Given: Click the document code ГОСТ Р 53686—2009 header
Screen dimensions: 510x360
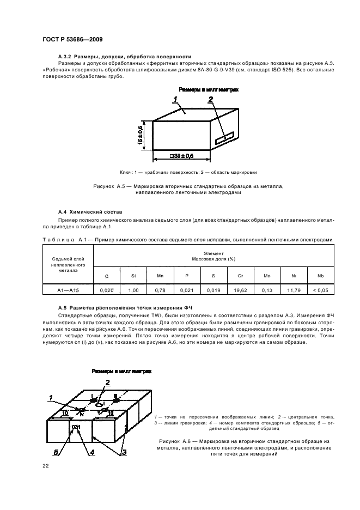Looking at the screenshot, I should pyautogui.click(x=72, y=40).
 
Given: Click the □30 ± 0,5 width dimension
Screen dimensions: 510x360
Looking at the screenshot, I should pyautogui.click(x=181, y=156).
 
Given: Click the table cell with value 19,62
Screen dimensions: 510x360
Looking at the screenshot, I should pyautogui.click(x=240, y=290).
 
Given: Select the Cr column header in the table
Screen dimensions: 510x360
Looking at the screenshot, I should pyautogui.click(x=240, y=276).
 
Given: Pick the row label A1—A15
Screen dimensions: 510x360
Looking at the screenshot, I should pyautogui.click(x=65, y=290).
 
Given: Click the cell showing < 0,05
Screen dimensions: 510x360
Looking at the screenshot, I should pyautogui.click(x=320, y=290).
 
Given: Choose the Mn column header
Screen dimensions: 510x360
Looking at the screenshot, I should pyautogui.click(x=160, y=276).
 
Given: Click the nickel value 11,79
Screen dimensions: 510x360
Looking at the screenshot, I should pyautogui.click(x=293, y=290).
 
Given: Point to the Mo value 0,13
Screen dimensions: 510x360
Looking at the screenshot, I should pyautogui.click(x=266, y=290).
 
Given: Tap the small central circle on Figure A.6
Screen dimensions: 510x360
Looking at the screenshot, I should pyautogui.click(x=98, y=404).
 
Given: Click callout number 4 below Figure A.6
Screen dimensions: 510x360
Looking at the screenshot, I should pyautogui.click(x=92, y=452).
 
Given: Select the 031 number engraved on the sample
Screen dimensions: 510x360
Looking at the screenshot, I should pyautogui.click(x=76, y=427).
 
